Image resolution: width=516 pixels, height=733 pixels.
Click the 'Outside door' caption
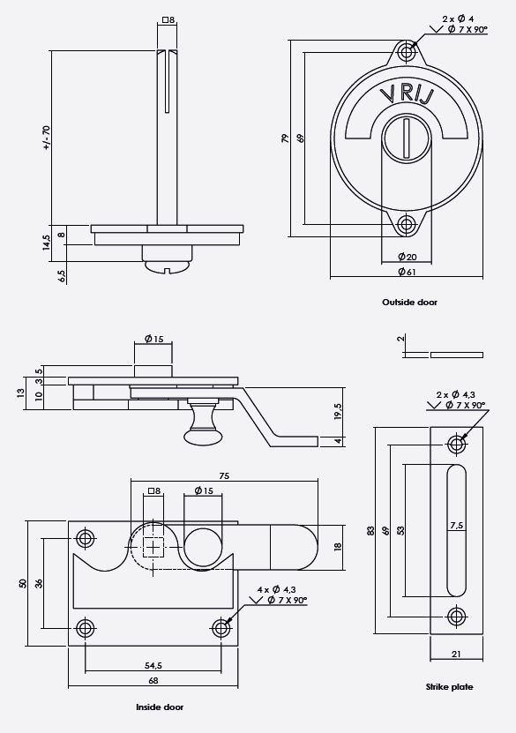(x=409, y=302)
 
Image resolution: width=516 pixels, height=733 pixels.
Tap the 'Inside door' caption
(x=160, y=707)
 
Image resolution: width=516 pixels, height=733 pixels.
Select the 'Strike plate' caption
(x=449, y=686)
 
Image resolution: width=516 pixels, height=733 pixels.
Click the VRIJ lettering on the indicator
(x=405, y=94)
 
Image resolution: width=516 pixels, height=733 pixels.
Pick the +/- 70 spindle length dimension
(x=47, y=138)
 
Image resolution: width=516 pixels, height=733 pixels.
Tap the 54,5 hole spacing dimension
(x=152, y=665)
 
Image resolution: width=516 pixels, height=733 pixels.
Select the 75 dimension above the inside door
(x=224, y=475)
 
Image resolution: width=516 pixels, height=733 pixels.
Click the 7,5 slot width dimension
(x=457, y=525)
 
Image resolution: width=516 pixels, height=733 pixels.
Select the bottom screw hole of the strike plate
(x=455, y=615)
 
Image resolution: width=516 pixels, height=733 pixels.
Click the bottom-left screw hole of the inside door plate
(x=85, y=627)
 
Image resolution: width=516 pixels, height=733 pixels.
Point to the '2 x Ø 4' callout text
(x=460, y=19)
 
